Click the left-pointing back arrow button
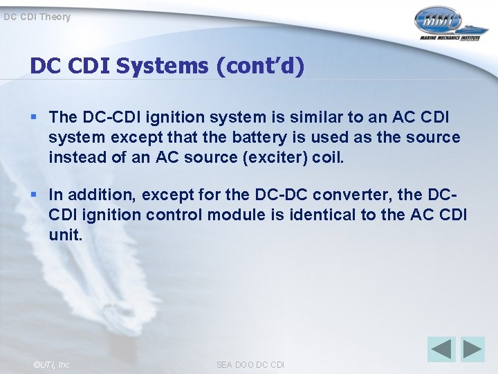coord(441,349)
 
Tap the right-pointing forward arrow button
coord(473,349)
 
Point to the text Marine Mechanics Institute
coord(449,39)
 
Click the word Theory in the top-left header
coord(55,17)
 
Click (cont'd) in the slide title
coord(261,66)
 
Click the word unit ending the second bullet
coord(65,235)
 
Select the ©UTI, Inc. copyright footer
coord(51,364)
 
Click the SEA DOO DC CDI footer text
coord(250,364)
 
